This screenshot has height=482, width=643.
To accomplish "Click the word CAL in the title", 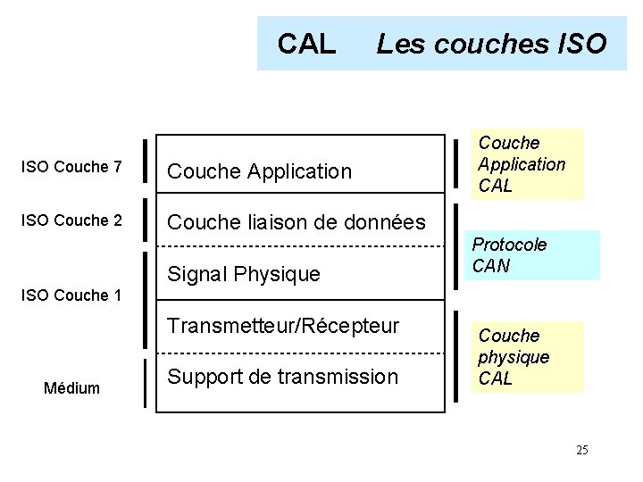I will [306, 43].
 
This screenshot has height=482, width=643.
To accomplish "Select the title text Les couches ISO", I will [491, 43].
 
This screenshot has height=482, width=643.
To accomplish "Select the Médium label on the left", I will [72, 388].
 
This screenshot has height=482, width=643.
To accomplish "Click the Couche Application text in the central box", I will [260, 171].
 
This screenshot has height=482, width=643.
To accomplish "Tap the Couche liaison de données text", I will [296, 222].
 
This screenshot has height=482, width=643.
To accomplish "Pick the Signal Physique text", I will [244, 274].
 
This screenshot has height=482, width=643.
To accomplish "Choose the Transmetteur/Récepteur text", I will [284, 326].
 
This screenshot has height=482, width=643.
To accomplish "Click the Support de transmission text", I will [283, 377].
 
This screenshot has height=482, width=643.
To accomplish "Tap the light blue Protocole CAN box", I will [531, 255].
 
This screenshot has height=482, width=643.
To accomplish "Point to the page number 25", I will [581, 450].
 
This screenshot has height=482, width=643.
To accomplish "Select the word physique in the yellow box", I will [514, 357].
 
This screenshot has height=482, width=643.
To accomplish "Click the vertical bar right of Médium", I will [145, 383].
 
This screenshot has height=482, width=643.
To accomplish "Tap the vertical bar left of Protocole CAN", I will [455, 254].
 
